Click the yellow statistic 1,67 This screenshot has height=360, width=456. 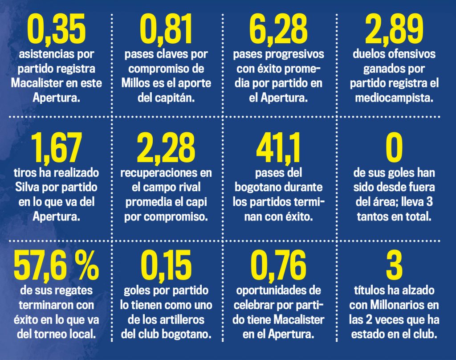[x=57, y=148]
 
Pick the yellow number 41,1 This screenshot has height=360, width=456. [x=278, y=148]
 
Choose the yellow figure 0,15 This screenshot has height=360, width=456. [x=166, y=266]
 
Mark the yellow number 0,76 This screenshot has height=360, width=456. [x=278, y=266]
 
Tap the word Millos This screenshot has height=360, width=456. [x=134, y=83]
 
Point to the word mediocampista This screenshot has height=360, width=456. [x=394, y=98]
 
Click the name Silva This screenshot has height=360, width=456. [x=27, y=187]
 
